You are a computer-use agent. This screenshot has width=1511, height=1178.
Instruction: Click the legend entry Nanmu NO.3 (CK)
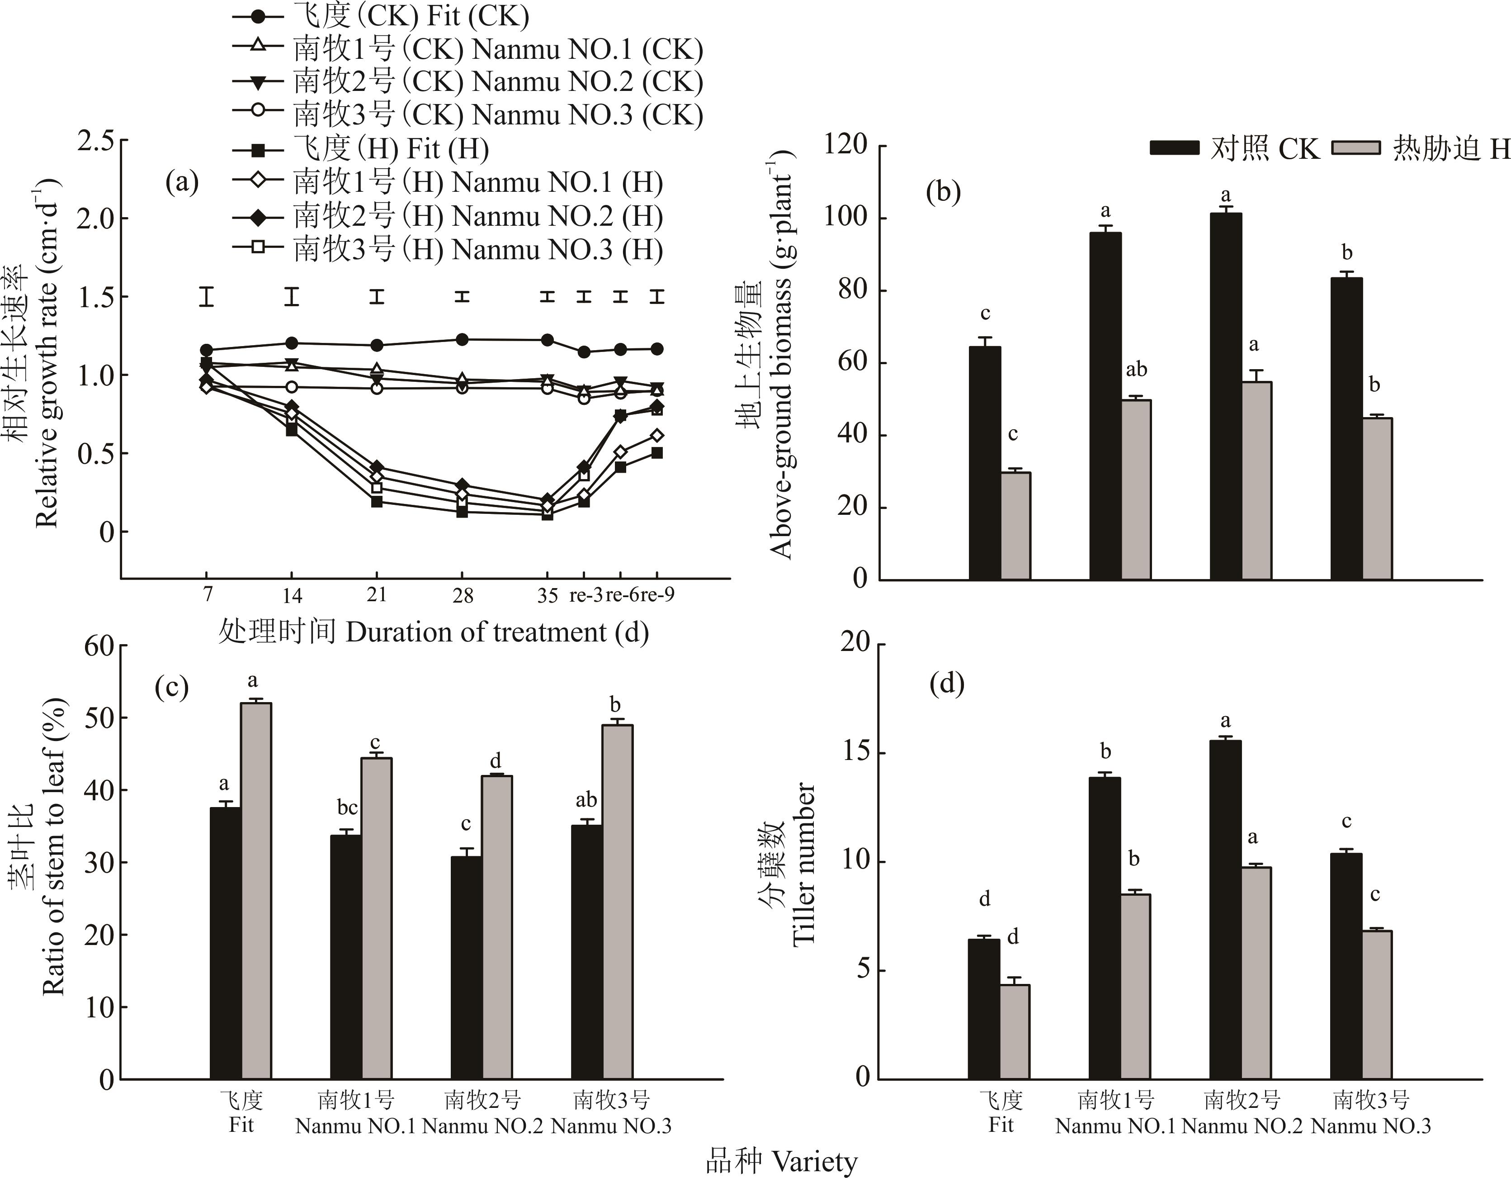[x=498, y=115]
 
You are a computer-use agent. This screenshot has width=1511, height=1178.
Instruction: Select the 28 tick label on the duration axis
[x=462, y=595]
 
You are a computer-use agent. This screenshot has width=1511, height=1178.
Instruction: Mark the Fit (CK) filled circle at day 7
[x=206, y=350]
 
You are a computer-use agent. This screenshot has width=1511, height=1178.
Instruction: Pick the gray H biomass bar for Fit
[x=1015, y=526]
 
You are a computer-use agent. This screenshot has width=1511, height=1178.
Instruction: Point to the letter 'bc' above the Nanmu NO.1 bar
[x=347, y=807]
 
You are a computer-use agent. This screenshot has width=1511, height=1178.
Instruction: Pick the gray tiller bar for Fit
[x=1014, y=1032]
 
